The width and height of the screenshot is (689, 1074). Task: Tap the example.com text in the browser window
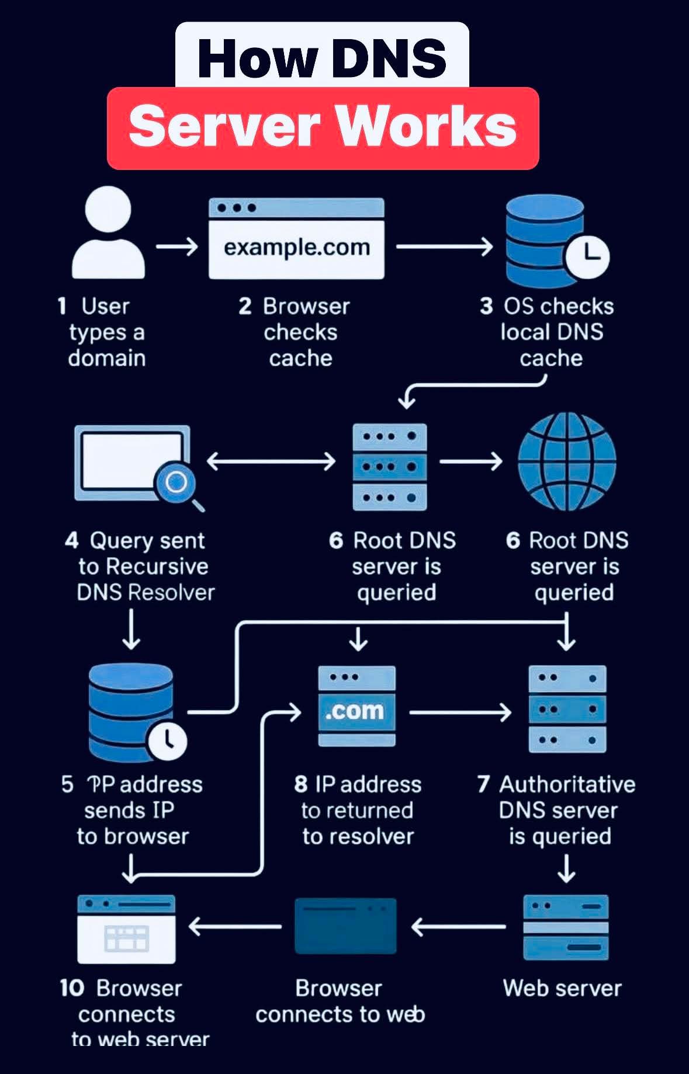tap(297, 247)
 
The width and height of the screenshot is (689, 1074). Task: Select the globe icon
tap(567, 461)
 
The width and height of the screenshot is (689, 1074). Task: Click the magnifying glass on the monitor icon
tap(178, 484)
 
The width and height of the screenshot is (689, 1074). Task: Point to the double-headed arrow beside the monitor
tap(271, 461)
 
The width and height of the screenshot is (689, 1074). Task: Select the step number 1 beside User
tap(62, 306)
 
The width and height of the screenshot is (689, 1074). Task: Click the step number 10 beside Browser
tap(72, 988)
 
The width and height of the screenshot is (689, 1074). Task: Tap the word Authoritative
tap(567, 784)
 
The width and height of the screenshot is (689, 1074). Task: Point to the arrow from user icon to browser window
tap(177, 246)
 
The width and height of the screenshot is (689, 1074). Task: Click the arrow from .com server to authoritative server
tap(460, 712)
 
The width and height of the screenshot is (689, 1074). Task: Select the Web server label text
tap(562, 988)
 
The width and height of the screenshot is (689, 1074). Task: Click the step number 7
tap(483, 784)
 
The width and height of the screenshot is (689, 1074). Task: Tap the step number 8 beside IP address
tap(301, 784)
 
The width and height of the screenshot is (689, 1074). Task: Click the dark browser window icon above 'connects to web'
tap(346, 926)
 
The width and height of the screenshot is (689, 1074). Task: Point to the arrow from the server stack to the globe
tap(470, 461)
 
